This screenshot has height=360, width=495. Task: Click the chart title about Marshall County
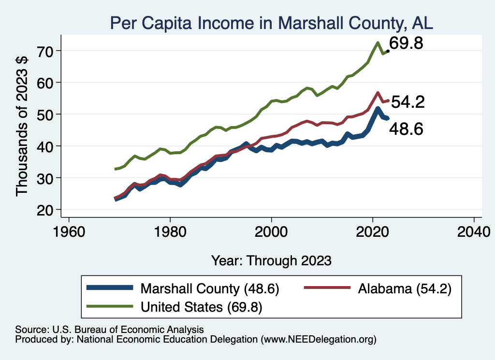click(272, 23)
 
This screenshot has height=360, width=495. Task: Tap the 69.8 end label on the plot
click(406, 43)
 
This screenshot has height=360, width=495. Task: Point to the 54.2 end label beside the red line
click(408, 102)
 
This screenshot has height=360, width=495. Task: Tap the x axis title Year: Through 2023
click(271, 260)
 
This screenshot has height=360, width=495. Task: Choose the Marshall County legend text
click(210, 288)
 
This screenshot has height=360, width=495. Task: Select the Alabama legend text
click(404, 288)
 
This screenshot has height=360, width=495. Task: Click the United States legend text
click(201, 307)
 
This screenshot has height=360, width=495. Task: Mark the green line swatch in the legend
click(110, 306)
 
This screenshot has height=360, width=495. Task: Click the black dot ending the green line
click(388, 51)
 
